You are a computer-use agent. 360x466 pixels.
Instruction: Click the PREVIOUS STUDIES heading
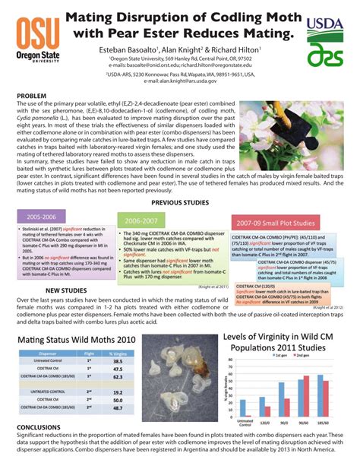(x=181, y=202)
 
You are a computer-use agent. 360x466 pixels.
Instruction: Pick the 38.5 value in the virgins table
(x=118, y=361)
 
